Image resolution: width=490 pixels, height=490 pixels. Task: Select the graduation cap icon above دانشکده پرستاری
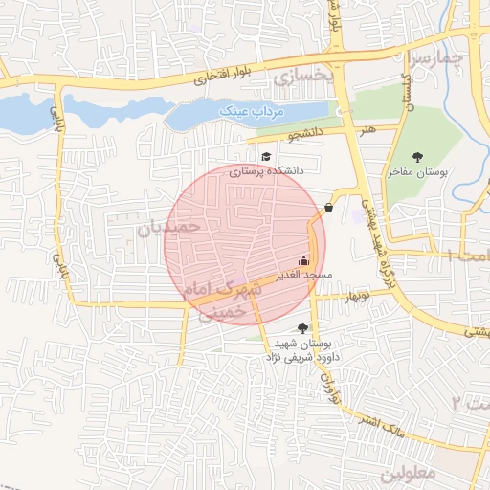click(264, 156)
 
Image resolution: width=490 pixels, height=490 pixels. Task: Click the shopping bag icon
click(329, 206)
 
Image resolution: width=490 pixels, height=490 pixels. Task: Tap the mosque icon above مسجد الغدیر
click(304, 260)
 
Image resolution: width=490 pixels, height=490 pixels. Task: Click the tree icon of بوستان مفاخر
click(416, 157)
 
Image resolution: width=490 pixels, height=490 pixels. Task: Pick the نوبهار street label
click(350, 296)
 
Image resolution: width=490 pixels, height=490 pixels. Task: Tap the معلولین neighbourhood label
click(412, 473)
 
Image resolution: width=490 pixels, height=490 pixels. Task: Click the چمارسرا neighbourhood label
click(437, 59)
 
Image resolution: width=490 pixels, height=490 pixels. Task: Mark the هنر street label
click(368, 127)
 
